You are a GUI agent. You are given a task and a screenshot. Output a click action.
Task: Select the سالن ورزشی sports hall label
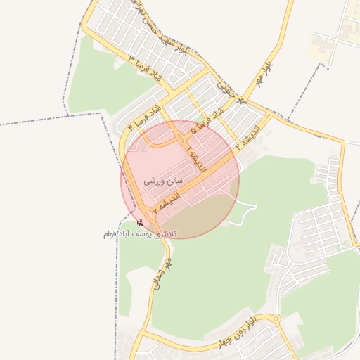point(163,181)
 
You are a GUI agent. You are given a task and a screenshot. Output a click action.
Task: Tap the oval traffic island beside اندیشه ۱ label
point(162,141)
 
